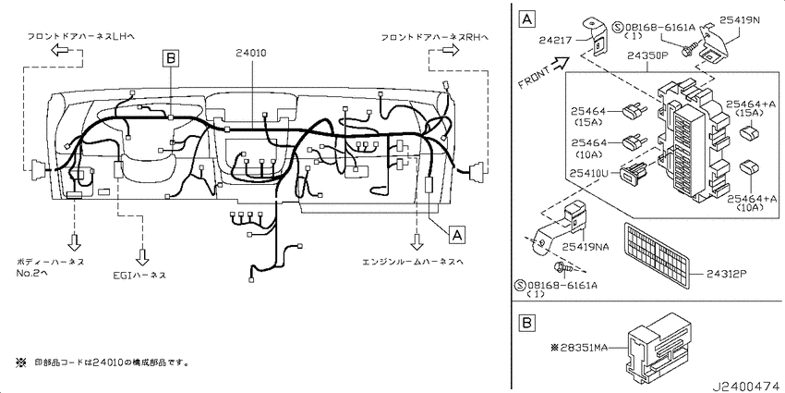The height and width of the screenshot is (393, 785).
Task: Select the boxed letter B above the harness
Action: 171,59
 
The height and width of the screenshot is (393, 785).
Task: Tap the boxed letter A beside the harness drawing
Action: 455,234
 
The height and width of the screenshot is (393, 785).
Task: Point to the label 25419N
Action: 740,20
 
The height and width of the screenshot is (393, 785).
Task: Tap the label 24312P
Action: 727,274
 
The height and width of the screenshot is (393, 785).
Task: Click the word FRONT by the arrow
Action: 534,76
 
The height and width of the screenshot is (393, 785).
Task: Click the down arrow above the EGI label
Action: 142,256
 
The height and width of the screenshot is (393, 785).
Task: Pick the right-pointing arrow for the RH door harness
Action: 449,50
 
